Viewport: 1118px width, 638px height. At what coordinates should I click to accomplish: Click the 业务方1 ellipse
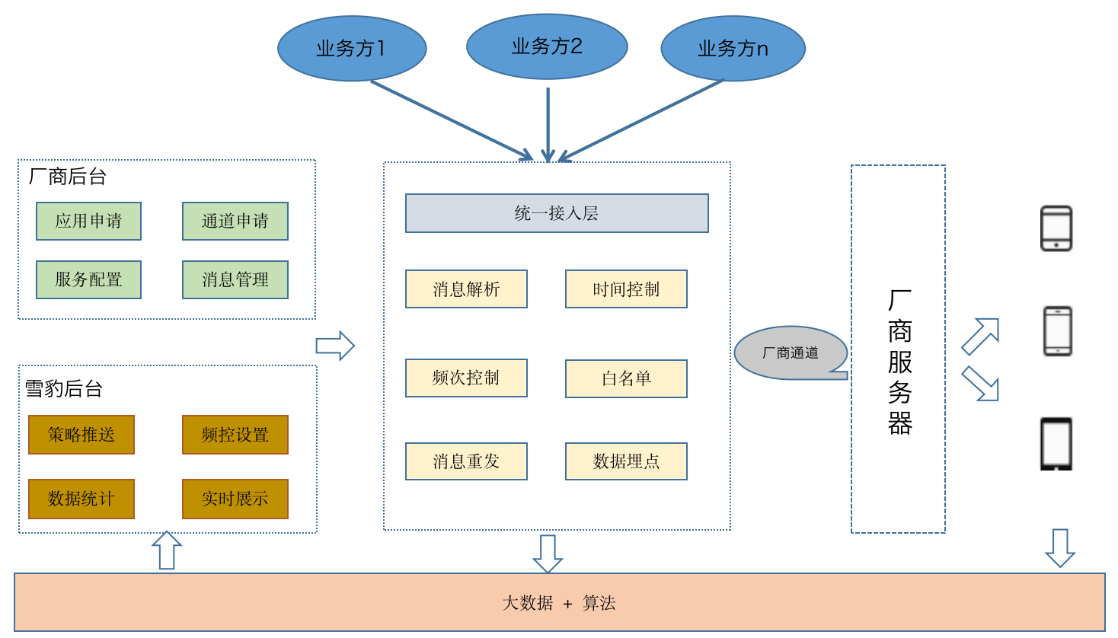click(352, 49)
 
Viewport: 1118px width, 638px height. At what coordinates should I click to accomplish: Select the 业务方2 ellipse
click(547, 46)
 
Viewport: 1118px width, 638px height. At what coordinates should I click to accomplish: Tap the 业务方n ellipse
click(733, 49)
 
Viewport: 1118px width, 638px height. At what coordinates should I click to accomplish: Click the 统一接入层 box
click(557, 213)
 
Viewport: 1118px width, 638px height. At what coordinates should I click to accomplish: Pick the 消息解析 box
click(466, 289)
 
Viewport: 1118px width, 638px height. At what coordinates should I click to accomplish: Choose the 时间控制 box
click(626, 289)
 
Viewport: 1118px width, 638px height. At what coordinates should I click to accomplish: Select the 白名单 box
click(626, 378)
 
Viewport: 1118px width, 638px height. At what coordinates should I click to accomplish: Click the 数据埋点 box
click(626, 461)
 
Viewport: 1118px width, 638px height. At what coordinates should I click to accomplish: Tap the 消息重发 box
click(466, 461)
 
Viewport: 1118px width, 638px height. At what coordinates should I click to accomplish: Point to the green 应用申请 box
click(88, 221)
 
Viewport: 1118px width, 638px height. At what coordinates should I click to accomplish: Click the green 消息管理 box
click(235, 279)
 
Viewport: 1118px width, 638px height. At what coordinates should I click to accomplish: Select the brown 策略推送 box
click(81, 435)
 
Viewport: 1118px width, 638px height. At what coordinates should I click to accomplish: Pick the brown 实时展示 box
click(235, 499)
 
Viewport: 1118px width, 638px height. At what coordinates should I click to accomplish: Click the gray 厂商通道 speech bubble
click(791, 352)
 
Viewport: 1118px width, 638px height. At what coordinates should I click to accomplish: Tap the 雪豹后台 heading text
click(64, 388)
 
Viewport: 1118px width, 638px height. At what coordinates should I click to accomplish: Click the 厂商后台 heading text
click(67, 176)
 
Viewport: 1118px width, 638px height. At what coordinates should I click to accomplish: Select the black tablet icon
click(1056, 444)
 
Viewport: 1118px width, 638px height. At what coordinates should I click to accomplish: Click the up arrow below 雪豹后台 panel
click(167, 550)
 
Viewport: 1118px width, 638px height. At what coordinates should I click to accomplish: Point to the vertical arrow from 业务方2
click(548, 125)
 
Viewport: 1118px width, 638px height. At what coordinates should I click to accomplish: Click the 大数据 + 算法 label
click(559, 603)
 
